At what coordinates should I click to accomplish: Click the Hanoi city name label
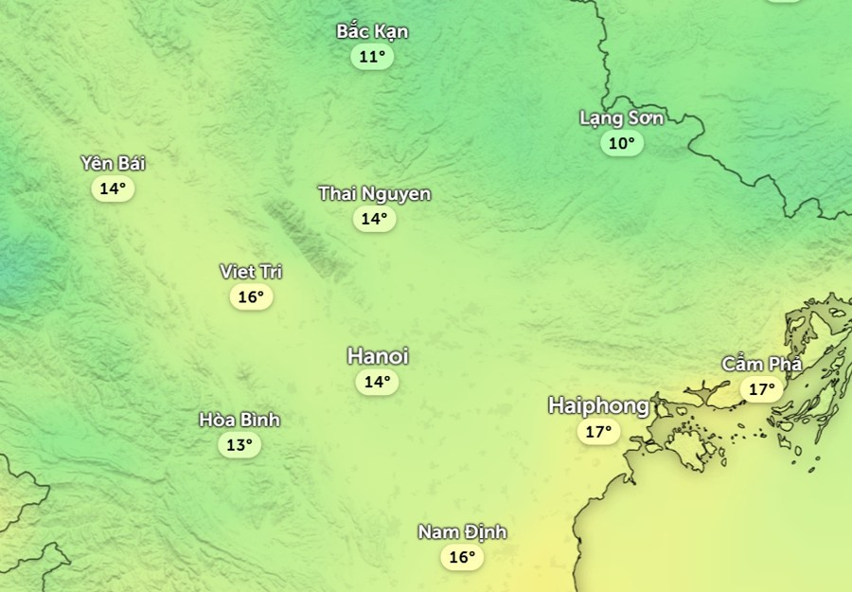378,356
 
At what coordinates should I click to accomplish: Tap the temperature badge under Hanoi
377,382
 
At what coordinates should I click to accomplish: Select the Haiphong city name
598,406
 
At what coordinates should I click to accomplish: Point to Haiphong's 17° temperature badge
597,432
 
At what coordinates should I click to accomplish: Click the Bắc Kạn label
372,31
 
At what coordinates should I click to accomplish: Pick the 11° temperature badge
372,57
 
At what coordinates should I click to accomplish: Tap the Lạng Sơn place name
621,118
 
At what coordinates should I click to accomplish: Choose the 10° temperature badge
621,143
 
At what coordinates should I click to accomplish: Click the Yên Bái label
113,163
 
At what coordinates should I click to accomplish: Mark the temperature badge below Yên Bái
113,188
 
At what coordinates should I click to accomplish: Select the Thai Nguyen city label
374,194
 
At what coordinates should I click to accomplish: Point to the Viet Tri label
251,272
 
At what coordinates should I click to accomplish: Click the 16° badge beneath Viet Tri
251,297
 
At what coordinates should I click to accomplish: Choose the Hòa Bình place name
240,420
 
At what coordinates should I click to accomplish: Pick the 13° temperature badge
239,444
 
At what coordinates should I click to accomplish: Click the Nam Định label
462,532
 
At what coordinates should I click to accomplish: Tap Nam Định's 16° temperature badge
461,557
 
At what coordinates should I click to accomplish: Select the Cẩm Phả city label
762,364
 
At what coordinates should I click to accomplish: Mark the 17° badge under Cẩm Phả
761,388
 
